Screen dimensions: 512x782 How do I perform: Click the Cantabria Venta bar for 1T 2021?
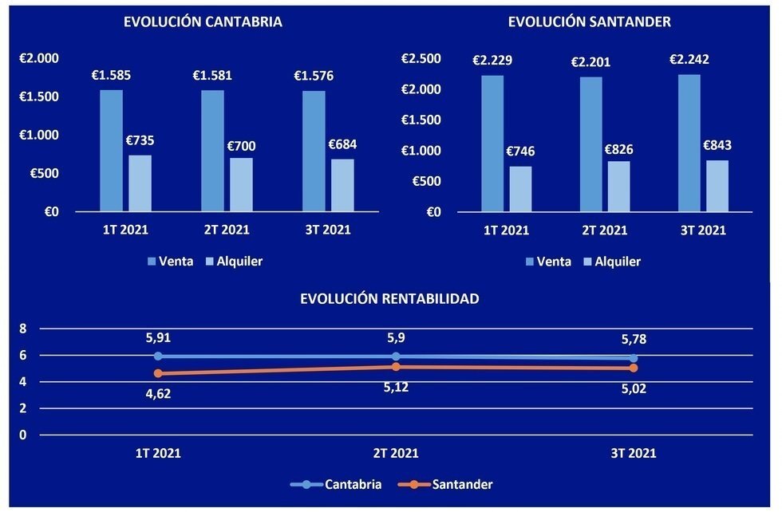(111, 151)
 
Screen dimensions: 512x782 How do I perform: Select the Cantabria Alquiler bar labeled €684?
(342, 185)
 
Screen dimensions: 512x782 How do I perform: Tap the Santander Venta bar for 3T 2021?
(689, 144)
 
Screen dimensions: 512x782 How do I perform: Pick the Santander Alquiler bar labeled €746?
(520, 189)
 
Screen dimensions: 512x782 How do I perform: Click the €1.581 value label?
(212, 77)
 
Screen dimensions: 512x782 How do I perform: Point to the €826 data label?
(619, 149)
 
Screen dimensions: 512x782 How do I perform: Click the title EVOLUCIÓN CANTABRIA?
(203, 22)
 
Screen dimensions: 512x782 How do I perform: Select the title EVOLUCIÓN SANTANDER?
(589, 22)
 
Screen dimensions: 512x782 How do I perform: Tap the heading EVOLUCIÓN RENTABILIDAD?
(389, 299)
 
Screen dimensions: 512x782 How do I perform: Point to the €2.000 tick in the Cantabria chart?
(40, 58)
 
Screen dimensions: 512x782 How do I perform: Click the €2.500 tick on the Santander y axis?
(421, 58)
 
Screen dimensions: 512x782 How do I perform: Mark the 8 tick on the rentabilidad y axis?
(23, 329)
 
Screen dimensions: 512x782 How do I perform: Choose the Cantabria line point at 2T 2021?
(396, 356)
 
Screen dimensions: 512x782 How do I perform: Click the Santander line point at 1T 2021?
(158, 373)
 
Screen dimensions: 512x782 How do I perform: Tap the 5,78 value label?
(634, 340)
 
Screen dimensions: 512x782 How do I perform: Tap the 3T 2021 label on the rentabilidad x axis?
(634, 453)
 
